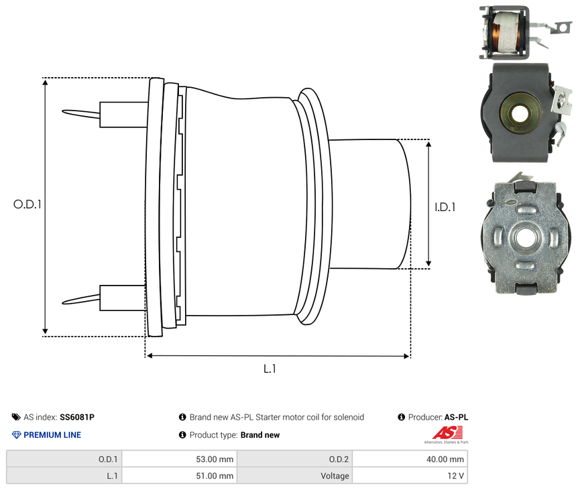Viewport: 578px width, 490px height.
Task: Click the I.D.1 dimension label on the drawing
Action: (443, 207)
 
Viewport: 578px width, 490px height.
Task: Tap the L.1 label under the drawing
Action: (270, 368)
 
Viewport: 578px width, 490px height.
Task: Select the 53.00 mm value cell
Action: (179, 459)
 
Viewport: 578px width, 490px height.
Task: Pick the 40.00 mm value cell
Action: (409, 459)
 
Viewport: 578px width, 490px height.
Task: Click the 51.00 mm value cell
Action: (179, 476)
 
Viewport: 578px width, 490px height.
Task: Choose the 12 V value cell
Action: (409, 476)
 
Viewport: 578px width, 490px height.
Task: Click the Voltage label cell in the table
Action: (295, 476)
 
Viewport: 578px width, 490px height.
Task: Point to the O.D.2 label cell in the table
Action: (295, 459)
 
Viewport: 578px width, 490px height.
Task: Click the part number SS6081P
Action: (77, 417)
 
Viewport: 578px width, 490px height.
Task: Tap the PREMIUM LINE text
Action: (52, 435)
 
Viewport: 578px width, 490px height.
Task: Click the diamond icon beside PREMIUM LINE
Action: (17, 435)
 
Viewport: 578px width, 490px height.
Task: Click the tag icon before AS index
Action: (17, 417)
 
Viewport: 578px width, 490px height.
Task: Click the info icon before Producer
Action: (402, 417)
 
